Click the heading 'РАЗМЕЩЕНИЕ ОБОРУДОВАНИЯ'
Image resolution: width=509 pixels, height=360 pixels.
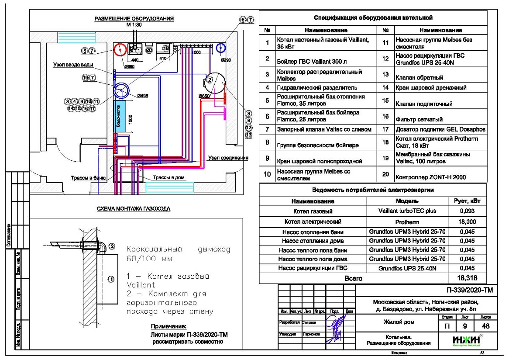click(x=134, y=19)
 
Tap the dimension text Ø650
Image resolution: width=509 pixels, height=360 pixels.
click(x=203, y=96)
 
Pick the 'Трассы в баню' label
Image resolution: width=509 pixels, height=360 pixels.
click(x=88, y=178)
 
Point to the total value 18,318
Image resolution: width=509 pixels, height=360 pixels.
click(x=467, y=277)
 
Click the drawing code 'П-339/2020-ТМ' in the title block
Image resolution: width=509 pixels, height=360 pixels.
click(x=469, y=290)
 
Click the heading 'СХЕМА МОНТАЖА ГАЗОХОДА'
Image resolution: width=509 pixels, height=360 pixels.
click(x=134, y=209)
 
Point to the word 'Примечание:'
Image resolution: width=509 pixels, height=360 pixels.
click(x=169, y=327)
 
